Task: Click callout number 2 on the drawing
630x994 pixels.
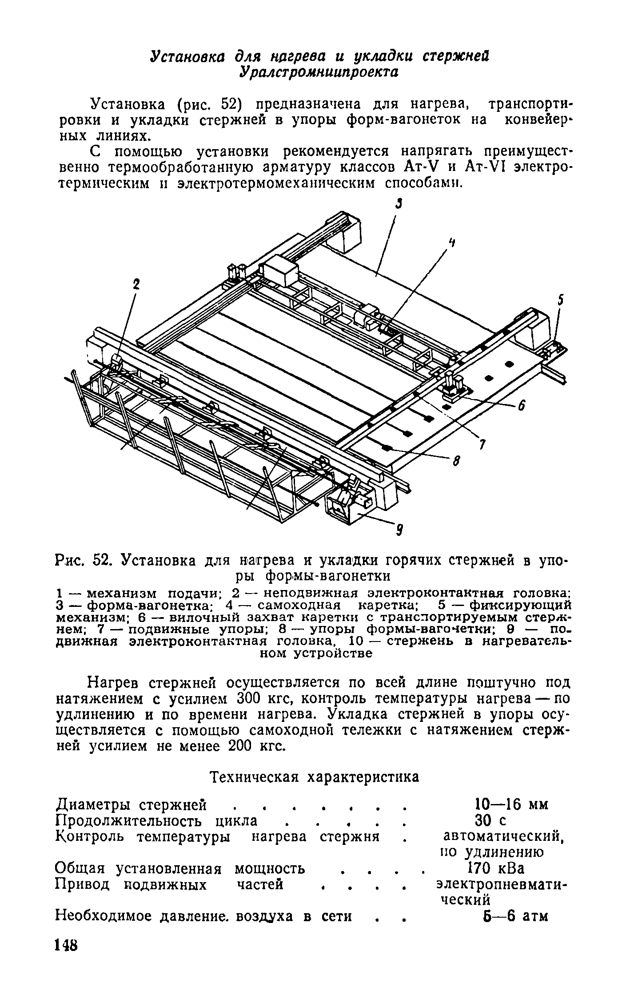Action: tap(137, 285)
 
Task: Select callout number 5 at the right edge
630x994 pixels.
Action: tap(561, 301)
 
